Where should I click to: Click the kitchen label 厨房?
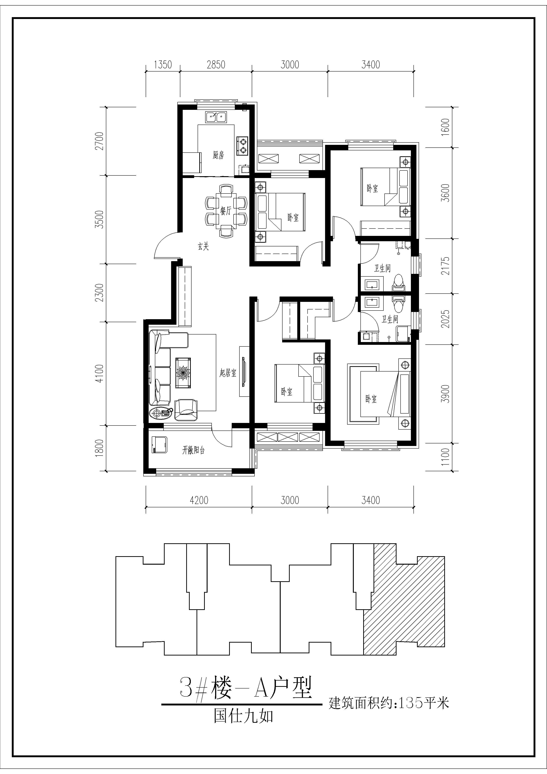pos(218,155)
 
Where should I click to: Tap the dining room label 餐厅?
pos(226,211)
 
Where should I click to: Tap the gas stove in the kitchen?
pos(242,146)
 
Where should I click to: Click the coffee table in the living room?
pos(183,373)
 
